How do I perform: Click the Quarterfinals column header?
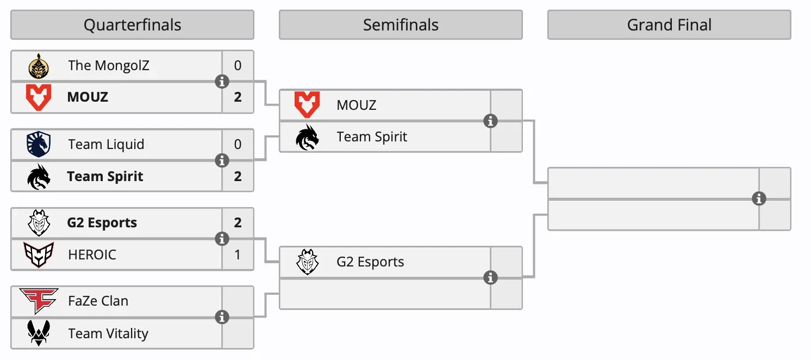pyautogui.click(x=132, y=25)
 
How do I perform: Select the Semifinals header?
pyautogui.click(x=401, y=25)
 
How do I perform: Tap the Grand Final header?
pyautogui.click(x=669, y=25)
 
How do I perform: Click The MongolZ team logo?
pyautogui.click(x=39, y=66)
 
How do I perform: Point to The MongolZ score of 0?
pyautogui.click(x=238, y=66)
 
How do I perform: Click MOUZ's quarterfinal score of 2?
pyautogui.click(x=238, y=97)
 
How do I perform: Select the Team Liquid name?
pyautogui.click(x=106, y=145)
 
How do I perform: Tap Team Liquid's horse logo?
pyautogui.click(x=39, y=145)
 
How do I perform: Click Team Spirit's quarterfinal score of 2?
pyautogui.click(x=238, y=176)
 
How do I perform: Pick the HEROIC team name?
pyautogui.click(x=92, y=255)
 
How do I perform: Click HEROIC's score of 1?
pyautogui.click(x=238, y=255)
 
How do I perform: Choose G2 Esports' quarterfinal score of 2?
pyautogui.click(x=238, y=223)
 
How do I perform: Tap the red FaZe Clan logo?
pyautogui.click(x=39, y=301)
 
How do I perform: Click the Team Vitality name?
pyautogui.click(x=108, y=333)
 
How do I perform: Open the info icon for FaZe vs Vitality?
pyautogui.click(x=222, y=317)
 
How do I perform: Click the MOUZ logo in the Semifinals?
pyautogui.click(x=307, y=105)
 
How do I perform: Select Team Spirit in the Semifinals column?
pyautogui.click(x=372, y=137)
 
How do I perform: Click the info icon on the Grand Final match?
pyautogui.click(x=759, y=199)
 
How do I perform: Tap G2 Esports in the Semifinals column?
pyautogui.click(x=370, y=262)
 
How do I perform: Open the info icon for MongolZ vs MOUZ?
pyautogui.click(x=222, y=82)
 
